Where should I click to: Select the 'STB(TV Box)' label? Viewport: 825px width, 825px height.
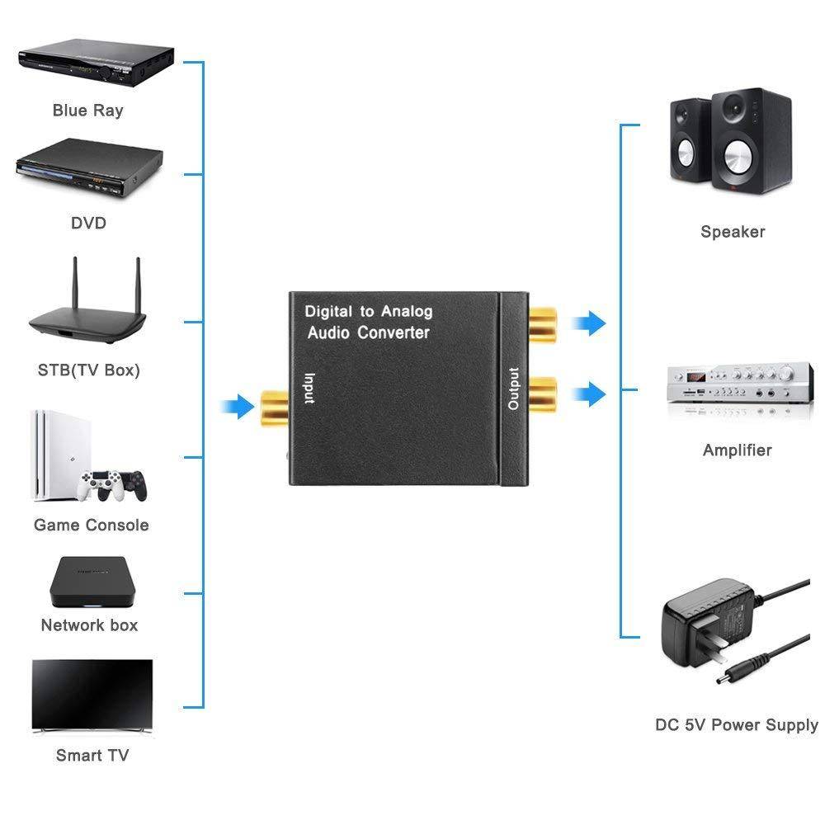coord(89,370)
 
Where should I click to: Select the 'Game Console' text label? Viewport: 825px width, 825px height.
coord(92,525)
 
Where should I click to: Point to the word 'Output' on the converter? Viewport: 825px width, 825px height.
coord(514,388)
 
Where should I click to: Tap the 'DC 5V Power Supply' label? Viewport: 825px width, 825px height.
coord(736,725)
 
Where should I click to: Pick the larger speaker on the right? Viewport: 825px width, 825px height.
coord(751,141)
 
